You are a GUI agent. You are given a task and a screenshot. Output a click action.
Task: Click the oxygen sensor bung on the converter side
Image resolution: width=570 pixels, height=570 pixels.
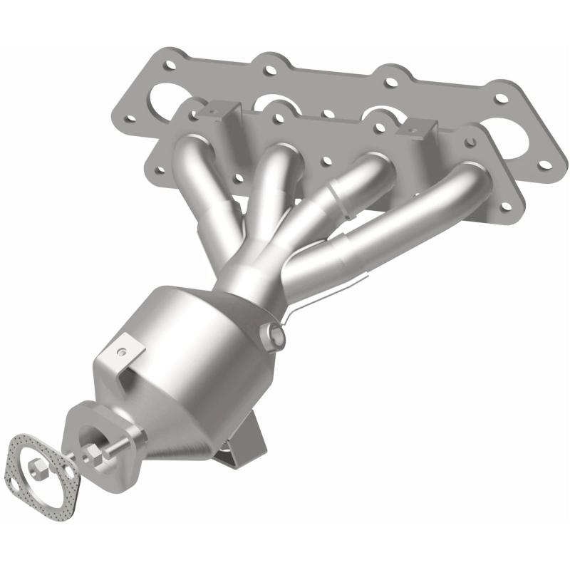click(x=274, y=332)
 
